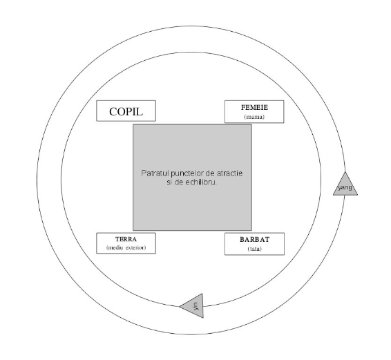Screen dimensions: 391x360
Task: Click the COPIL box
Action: (x=126, y=111)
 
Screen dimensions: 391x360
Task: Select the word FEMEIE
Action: (x=254, y=108)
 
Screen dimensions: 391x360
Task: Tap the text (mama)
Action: (x=254, y=117)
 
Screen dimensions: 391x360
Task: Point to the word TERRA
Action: (x=126, y=239)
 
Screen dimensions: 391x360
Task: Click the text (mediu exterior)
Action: (x=126, y=248)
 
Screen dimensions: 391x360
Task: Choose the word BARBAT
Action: (x=255, y=240)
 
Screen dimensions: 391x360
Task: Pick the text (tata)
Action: (x=255, y=249)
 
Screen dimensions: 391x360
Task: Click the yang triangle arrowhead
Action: (x=345, y=184)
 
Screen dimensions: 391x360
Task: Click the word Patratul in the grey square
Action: (x=155, y=173)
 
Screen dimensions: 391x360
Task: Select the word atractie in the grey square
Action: (x=230, y=173)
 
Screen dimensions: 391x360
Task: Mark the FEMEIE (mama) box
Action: (x=254, y=111)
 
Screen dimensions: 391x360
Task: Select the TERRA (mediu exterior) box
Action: (x=126, y=243)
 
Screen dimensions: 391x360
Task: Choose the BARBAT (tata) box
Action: (x=255, y=244)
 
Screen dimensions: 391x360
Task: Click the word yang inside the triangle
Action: (x=345, y=187)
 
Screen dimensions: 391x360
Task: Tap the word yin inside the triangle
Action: (x=196, y=306)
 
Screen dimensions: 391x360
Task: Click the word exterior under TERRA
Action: (x=135, y=248)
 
